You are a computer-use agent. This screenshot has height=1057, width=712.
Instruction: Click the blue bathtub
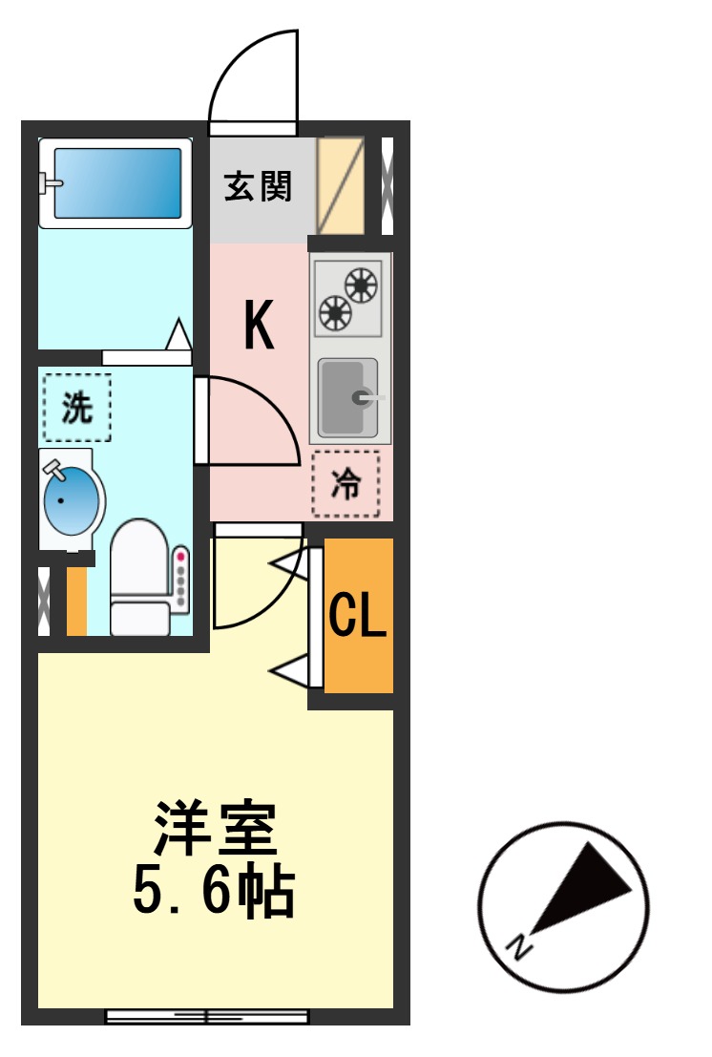(x=115, y=181)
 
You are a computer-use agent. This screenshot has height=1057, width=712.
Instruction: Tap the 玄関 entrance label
(x=258, y=186)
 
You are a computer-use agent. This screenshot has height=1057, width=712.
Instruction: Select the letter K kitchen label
(x=259, y=326)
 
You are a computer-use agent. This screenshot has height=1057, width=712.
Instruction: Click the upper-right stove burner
(x=361, y=284)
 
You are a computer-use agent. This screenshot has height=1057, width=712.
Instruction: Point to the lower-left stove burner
(x=335, y=311)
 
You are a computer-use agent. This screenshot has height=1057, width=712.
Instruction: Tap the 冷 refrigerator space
(x=346, y=484)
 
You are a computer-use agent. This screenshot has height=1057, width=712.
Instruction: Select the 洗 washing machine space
(x=77, y=408)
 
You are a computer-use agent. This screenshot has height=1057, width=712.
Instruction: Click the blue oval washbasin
(x=72, y=498)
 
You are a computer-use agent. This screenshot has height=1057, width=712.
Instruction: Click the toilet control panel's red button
(x=180, y=555)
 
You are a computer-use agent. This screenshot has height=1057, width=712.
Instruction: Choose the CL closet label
(x=358, y=617)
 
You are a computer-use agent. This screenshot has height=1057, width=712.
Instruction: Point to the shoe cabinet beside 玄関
(x=341, y=186)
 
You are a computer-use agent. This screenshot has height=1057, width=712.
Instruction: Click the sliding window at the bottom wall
(x=206, y=1016)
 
